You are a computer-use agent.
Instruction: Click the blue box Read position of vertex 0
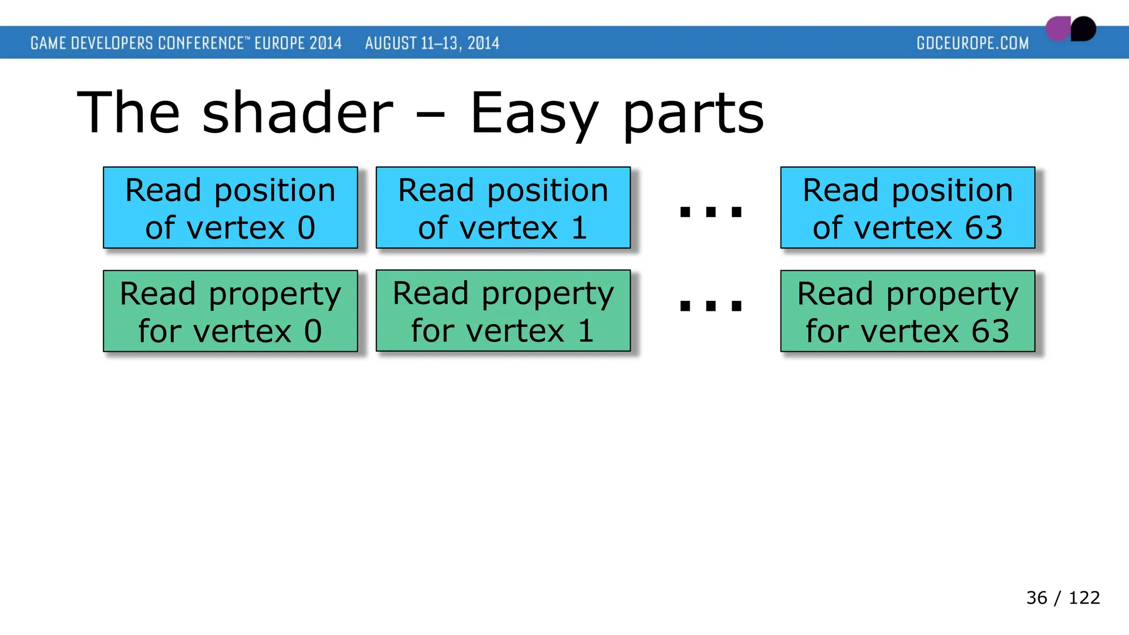(x=230, y=208)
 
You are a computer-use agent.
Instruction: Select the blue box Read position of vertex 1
(x=503, y=208)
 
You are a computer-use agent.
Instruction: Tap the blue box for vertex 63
(x=907, y=208)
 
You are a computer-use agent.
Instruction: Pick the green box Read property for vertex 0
(x=230, y=311)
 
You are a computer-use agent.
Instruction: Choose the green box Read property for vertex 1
(x=503, y=311)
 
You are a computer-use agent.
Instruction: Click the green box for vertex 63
(x=907, y=311)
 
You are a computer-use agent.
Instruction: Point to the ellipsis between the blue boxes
(x=711, y=212)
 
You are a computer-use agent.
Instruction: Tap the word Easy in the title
(x=534, y=115)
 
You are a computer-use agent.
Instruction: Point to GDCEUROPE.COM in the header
(x=972, y=43)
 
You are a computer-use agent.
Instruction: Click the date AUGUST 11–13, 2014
(x=432, y=43)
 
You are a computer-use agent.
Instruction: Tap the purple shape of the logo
(x=1057, y=29)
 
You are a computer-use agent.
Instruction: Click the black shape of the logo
(x=1084, y=29)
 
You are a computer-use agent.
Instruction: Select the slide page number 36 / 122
(x=1063, y=598)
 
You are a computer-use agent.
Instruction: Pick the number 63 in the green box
(x=990, y=331)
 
